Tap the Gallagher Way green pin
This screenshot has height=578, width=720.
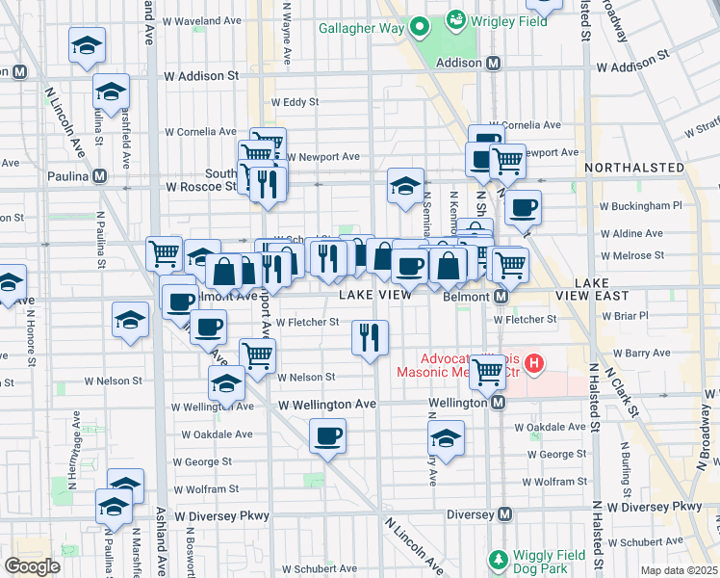point(420,28)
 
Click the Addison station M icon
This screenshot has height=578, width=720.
point(494,63)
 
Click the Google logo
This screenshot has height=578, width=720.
point(33,566)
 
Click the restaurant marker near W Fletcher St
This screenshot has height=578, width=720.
point(370,337)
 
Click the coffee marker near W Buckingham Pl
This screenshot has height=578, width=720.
point(523,207)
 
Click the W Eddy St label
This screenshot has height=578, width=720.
point(295,101)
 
